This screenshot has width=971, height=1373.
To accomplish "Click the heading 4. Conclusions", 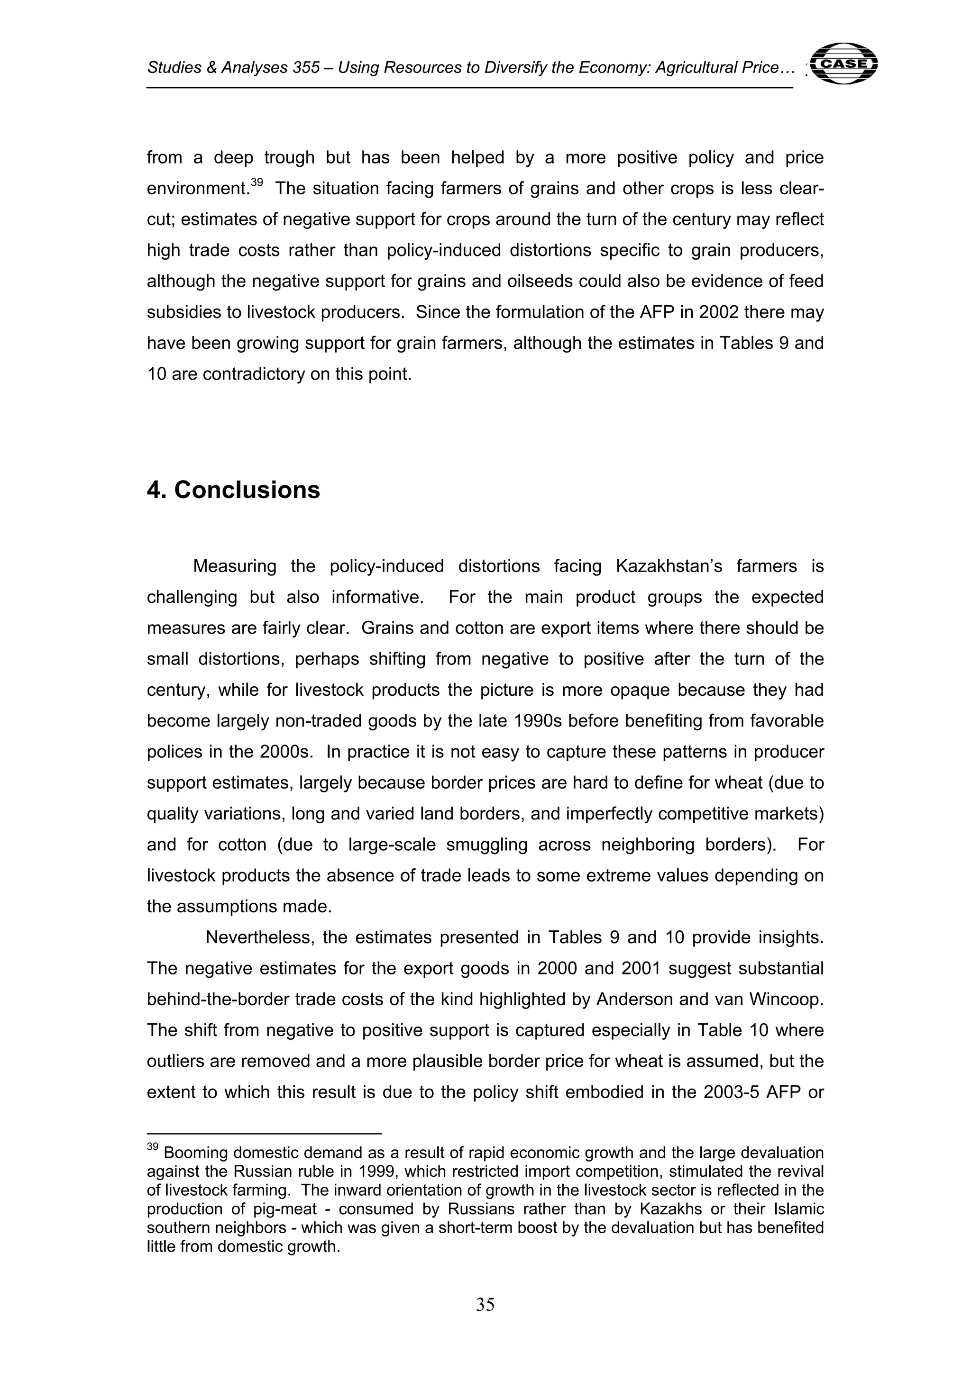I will click(233, 490).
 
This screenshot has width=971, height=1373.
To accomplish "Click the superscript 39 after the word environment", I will click(256, 183).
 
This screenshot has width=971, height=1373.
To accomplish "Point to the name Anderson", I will click(633, 999).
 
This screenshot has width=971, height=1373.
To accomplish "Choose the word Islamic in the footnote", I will click(799, 1209).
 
